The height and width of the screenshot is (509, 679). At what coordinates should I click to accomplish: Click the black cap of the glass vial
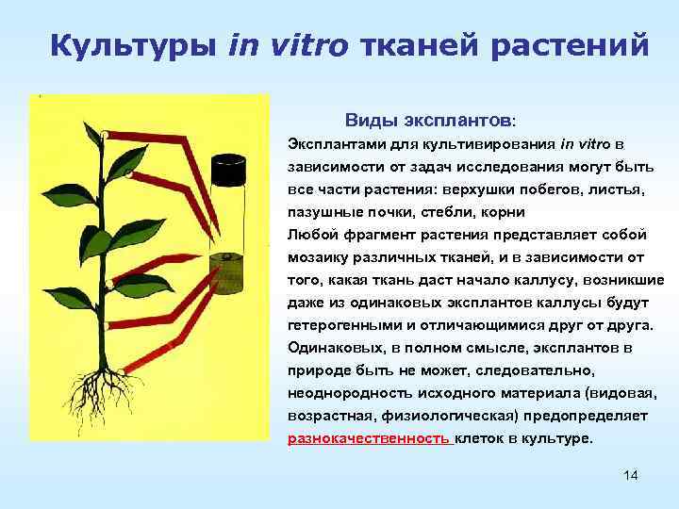click(227, 171)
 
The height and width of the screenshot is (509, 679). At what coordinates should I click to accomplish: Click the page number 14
click(631, 475)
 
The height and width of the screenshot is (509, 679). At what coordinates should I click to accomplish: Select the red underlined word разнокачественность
click(368, 438)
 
